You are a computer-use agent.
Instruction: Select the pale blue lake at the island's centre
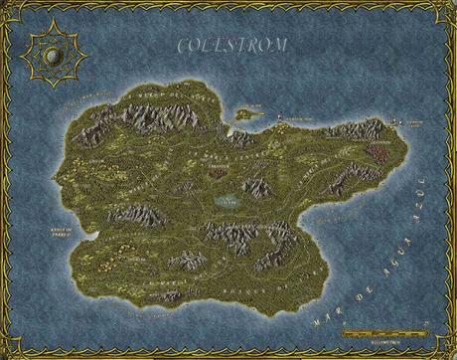pyautogui.click(x=228, y=201)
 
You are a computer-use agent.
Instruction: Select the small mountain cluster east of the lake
pyautogui.click(x=255, y=187)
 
